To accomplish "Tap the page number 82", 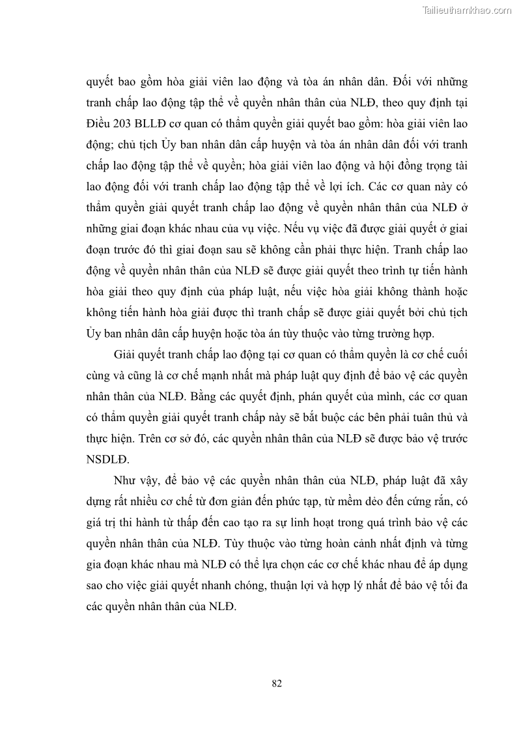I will tap(276, 682).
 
